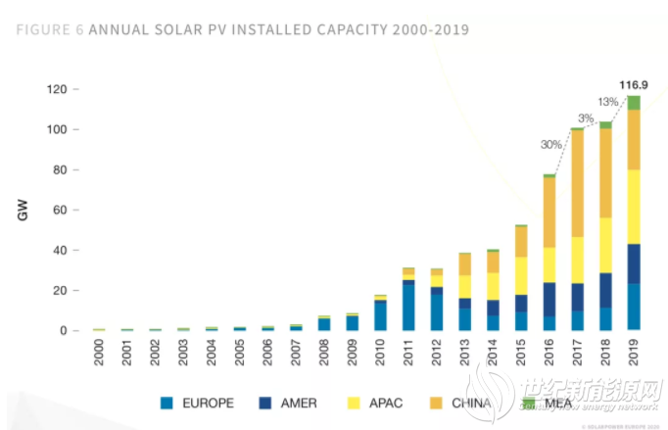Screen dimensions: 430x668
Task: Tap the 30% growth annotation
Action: pyautogui.click(x=551, y=145)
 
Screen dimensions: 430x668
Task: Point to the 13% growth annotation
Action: pyautogui.click(x=607, y=103)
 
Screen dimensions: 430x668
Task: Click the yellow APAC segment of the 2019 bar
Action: pyautogui.click(x=634, y=206)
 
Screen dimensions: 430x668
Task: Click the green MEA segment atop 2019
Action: pyautogui.click(x=634, y=102)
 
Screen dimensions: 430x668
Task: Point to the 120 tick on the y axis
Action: pyautogui.click(x=55, y=90)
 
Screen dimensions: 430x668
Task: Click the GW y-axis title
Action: pyautogui.click(x=23, y=210)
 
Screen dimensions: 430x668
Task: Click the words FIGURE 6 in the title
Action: pyautogui.click(x=50, y=29)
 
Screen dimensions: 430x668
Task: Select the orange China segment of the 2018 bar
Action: pyautogui.click(x=605, y=172)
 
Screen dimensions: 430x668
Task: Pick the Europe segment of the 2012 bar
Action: pyautogui.click(x=437, y=312)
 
